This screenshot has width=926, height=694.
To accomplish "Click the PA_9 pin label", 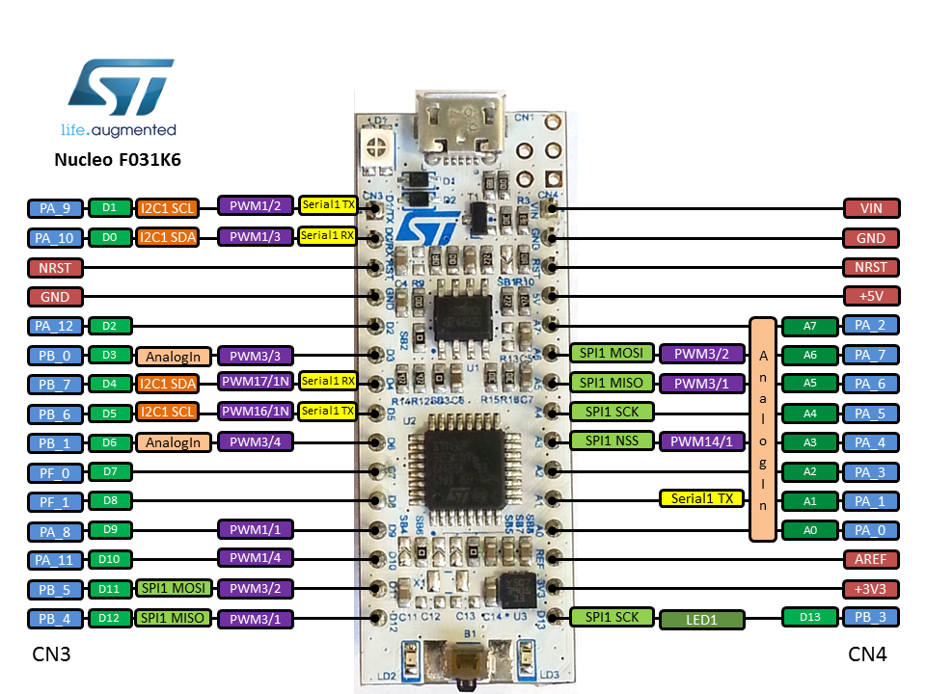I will [x=54, y=208].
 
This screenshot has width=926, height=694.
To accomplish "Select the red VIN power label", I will [x=872, y=208].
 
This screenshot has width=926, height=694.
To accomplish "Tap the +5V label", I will [x=872, y=296].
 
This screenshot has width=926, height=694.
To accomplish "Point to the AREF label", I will [x=872, y=559].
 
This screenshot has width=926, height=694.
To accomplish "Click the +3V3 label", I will [x=872, y=588].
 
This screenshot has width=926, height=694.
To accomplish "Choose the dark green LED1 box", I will [x=701, y=619].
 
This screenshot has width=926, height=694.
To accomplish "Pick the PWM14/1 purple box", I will [x=702, y=442].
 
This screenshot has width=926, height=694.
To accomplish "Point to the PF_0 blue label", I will [x=54, y=472].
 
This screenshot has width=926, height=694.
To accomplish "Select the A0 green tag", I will [x=808, y=530].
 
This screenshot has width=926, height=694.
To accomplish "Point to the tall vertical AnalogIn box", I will [x=762, y=428].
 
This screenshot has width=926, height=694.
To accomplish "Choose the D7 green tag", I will [x=109, y=472].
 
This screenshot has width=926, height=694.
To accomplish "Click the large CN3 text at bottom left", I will [x=52, y=655].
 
